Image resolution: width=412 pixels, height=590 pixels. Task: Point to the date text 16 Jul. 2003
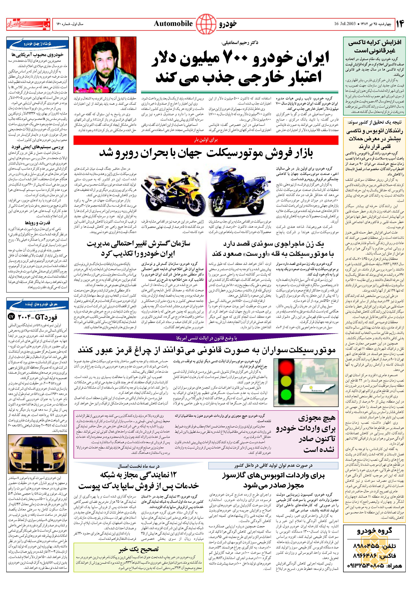coord(345,24)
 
